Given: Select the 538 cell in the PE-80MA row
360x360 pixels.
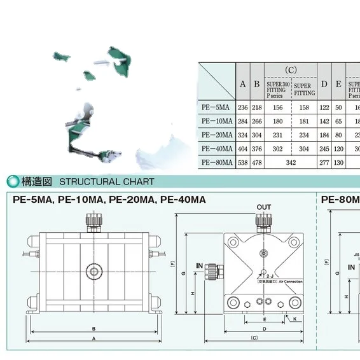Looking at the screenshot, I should [242, 162].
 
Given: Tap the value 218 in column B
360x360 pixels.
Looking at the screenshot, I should [257, 108].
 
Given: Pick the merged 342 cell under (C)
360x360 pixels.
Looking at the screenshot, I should [291, 162].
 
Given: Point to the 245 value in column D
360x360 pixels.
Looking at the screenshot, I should [324, 149].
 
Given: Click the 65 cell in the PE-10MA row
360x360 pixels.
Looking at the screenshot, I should [339, 121].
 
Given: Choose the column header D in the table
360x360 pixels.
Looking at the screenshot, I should [324, 83].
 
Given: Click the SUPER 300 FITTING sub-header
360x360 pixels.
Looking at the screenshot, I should [277, 90].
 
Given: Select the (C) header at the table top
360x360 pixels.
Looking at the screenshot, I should [291, 70].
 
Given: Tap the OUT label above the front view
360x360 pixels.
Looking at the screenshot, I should [263, 207].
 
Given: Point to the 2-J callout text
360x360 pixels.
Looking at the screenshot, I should [270, 276].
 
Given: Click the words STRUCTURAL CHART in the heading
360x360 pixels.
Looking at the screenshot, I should [107, 181].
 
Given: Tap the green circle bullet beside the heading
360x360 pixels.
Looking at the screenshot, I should [13, 181].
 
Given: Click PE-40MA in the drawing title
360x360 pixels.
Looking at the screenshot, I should [183, 199].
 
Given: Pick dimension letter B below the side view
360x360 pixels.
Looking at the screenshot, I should [94, 328].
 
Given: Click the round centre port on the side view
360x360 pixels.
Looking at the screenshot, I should [94, 272].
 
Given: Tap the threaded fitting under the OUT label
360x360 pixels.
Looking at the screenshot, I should [263, 221].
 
